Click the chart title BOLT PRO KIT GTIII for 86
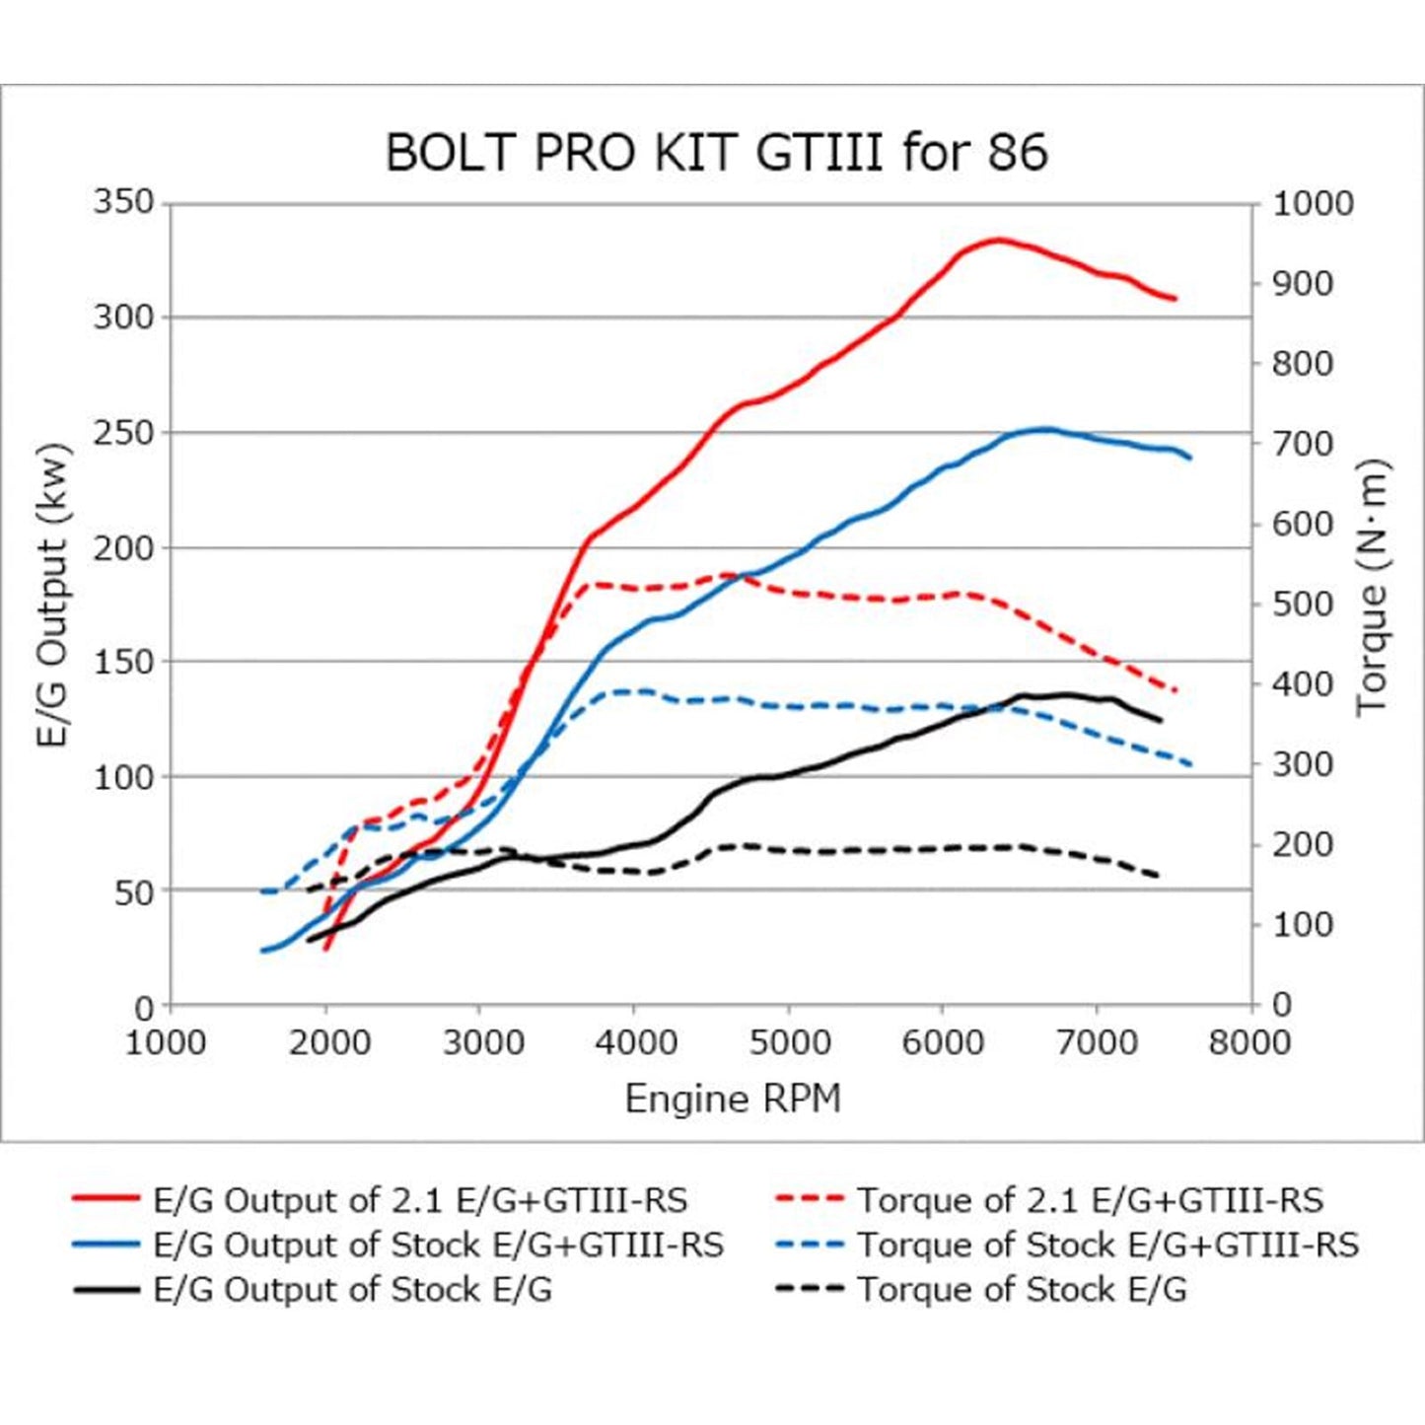click(x=716, y=153)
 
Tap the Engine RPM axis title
click(x=733, y=1099)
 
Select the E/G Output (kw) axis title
click(x=54, y=596)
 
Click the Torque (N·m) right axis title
click(x=1372, y=589)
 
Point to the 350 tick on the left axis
click(x=124, y=203)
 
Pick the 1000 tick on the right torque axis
click(x=1313, y=204)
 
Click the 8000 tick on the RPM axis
click(x=1249, y=1042)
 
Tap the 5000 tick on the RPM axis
click(x=788, y=1042)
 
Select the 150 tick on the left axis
click(x=124, y=663)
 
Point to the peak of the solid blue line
click(x=1045, y=429)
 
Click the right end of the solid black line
click(x=1161, y=721)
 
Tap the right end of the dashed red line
click(x=1176, y=690)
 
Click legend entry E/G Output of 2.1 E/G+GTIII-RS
click(x=420, y=1200)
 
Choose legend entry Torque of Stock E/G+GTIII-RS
click(x=1107, y=1245)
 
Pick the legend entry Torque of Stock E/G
click(x=1022, y=1289)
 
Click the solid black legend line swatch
click(x=107, y=1289)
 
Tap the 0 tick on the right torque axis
click(x=1281, y=1006)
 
